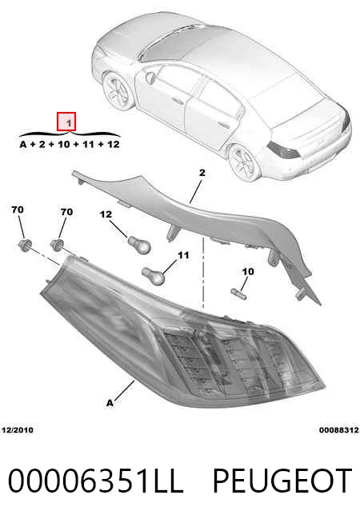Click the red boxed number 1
pyautogui.click(x=66, y=122)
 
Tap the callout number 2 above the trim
pyautogui.click(x=202, y=173)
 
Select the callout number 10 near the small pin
pyautogui.click(x=248, y=272)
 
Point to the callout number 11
pyautogui.click(x=183, y=255)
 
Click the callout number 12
pyautogui.click(x=106, y=214)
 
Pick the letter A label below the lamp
pyautogui.click(x=110, y=403)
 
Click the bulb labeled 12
pyautogui.click(x=139, y=245)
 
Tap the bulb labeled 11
pyautogui.click(x=153, y=276)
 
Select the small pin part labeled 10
pyautogui.click(x=238, y=293)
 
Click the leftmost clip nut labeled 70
pyautogui.click(x=25, y=245)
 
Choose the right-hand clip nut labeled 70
pyautogui.click(x=58, y=245)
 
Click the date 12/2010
pyautogui.click(x=18, y=430)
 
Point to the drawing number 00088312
pyautogui.click(x=339, y=430)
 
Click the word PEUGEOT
pyautogui.click(x=282, y=481)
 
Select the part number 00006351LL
pyautogui.click(x=96, y=481)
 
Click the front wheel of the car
pyautogui.click(x=117, y=90)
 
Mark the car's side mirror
pyautogui.click(x=150, y=78)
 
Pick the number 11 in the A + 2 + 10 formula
pyautogui.click(x=88, y=145)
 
